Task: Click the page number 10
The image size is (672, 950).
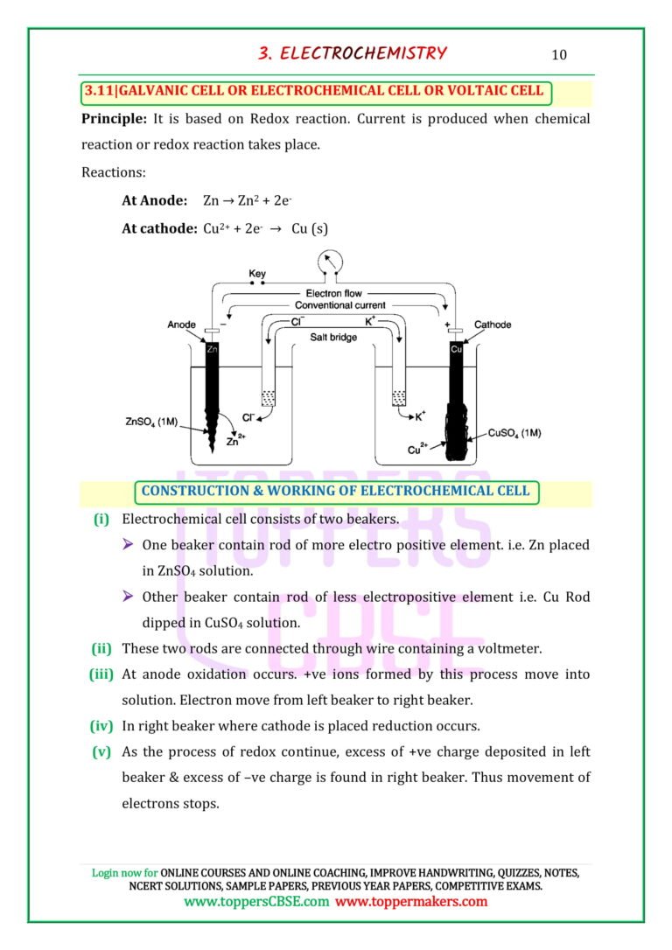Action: (558, 54)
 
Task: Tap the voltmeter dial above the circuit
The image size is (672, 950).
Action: (330, 262)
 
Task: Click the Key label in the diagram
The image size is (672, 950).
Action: (257, 274)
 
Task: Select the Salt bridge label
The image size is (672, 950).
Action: (333, 337)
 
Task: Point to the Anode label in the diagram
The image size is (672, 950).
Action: (181, 325)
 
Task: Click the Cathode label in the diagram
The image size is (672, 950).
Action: (493, 325)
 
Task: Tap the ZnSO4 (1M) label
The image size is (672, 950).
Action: (151, 422)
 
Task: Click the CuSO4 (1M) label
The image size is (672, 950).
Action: (514, 433)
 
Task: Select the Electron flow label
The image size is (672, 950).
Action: (334, 293)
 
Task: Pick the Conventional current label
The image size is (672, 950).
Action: (340, 305)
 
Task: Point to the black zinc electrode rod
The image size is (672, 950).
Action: (212, 397)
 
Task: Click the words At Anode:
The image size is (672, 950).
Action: (155, 200)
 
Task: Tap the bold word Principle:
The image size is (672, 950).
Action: (114, 119)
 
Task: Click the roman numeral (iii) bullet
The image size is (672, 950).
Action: (101, 674)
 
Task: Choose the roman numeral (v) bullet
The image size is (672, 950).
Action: (101, 752)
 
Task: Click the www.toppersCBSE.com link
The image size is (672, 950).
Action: (256, 902)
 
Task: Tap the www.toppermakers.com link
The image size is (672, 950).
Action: (411, 902)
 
